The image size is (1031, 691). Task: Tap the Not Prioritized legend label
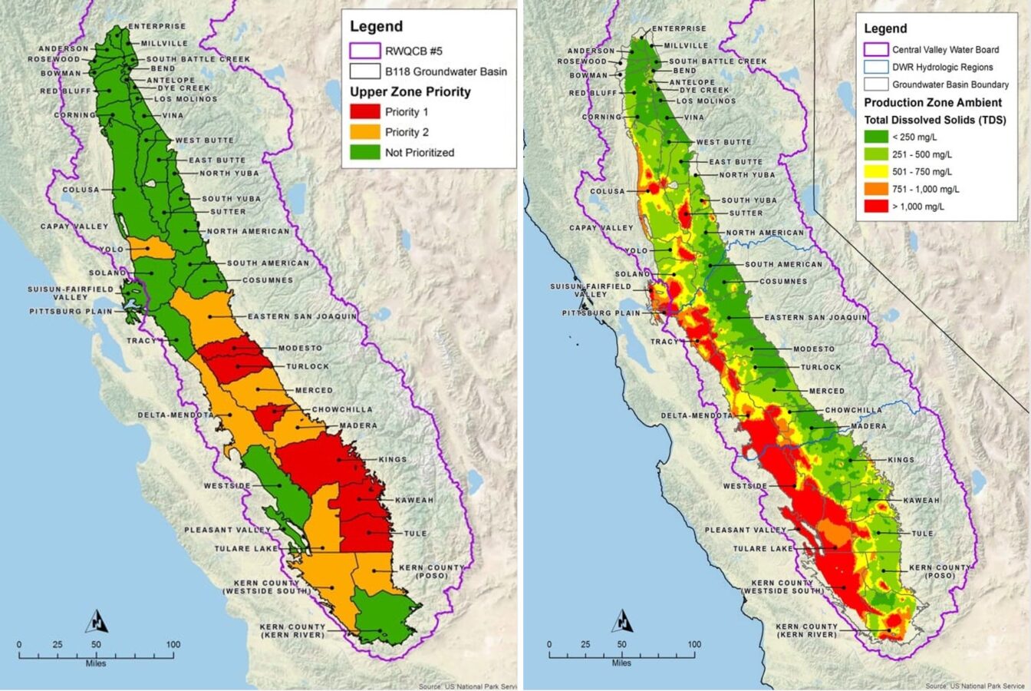pos(420,152)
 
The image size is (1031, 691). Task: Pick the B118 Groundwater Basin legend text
pos(446,71)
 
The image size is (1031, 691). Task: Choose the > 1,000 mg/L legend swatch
pos(875,207)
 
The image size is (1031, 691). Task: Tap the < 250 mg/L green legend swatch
pos(875,137)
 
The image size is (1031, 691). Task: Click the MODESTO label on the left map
pos(300,349)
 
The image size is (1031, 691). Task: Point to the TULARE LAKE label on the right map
pos(763,549)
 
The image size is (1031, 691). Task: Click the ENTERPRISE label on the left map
pos(156,27)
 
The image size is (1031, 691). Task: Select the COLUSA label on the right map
pos(608,191)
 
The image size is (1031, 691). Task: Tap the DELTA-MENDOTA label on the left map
pos(176,415)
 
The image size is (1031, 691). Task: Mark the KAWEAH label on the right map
pos(921,501)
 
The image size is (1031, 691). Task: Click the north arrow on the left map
pos(97,620)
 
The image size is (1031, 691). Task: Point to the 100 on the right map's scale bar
pos(694,644)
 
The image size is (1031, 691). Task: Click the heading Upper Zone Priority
pos(410,92)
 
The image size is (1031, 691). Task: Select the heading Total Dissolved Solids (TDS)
pos(935,120)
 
